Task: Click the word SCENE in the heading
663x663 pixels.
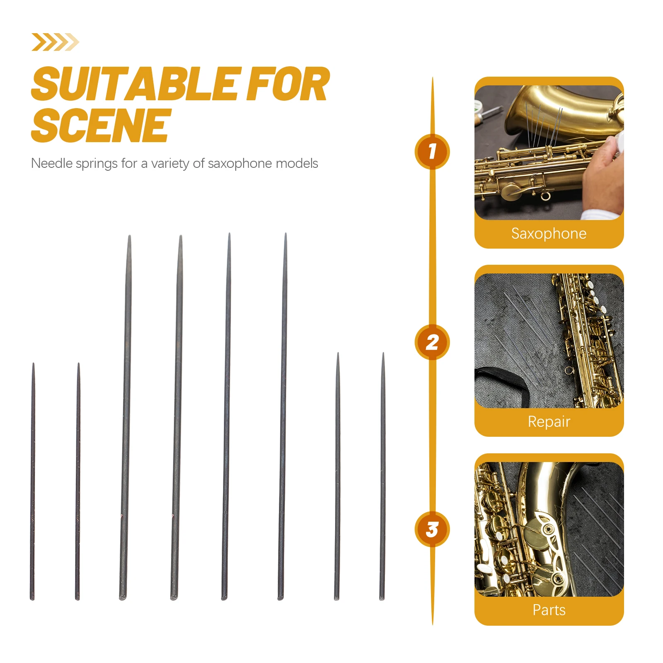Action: click(101, 125)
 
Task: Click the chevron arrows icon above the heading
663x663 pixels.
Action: click(55, 42)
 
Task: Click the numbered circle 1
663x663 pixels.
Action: click(432, 151)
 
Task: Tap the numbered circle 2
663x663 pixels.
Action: click(432, 342)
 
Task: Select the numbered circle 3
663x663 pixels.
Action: click(432, 529)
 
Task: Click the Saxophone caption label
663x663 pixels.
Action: click(549, 233)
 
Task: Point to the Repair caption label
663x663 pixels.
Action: click(549, 422)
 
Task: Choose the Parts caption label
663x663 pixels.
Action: click(549, 610)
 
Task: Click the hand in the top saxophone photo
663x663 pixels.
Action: click(603, 174)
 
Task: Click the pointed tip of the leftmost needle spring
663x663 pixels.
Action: click(34, 363)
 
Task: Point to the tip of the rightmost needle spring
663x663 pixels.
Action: click(383, 353)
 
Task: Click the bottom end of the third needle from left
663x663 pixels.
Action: click(123, 598)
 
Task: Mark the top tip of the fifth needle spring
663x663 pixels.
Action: click(229, 234)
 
